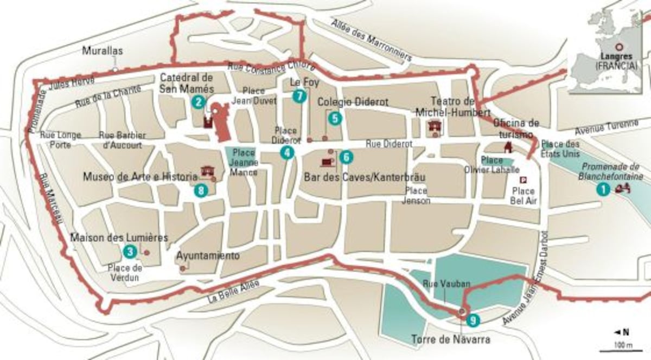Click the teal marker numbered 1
[x=601, y=189]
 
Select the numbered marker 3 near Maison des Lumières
[x=129, y=251]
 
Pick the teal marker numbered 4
[x=286, y=153]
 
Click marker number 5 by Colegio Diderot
[x=335, y=118]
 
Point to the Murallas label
[x=103, y=51]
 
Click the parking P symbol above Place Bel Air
[x=523, y=181]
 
